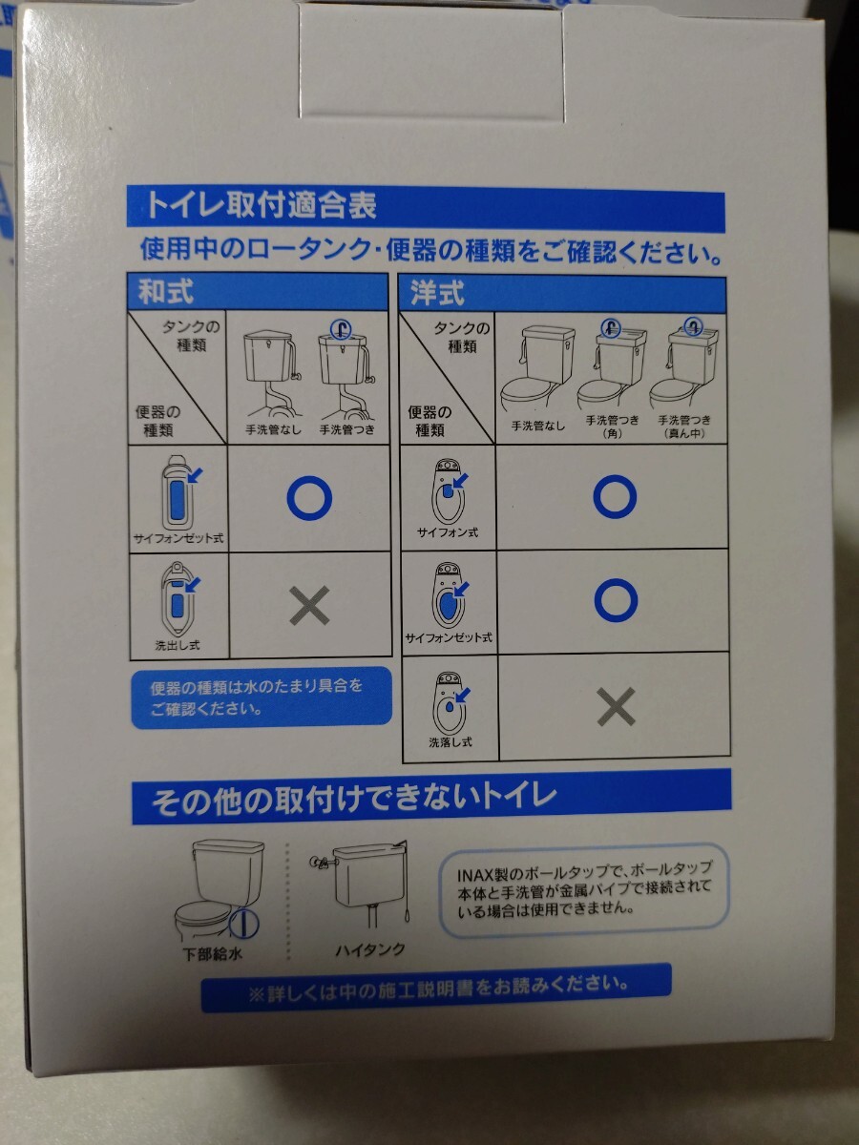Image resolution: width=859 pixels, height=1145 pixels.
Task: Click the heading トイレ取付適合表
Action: point(260,206)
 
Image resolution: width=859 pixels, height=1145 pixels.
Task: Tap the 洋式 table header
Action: point(438,293)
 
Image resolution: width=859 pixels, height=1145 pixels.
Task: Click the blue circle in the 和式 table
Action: point(309,497)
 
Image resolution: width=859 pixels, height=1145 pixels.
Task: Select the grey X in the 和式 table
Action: point(309,605)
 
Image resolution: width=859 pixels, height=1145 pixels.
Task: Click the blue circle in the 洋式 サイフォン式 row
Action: point(616,496)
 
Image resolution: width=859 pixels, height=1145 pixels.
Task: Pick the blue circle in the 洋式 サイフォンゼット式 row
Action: point(616,599)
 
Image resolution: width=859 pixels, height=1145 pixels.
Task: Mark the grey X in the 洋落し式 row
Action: point(616,707)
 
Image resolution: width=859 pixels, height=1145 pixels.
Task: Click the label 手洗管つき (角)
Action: point(611,426)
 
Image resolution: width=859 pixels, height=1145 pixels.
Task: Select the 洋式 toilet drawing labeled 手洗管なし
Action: point(537,373)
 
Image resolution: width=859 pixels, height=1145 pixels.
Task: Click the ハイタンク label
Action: point(370,949)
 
